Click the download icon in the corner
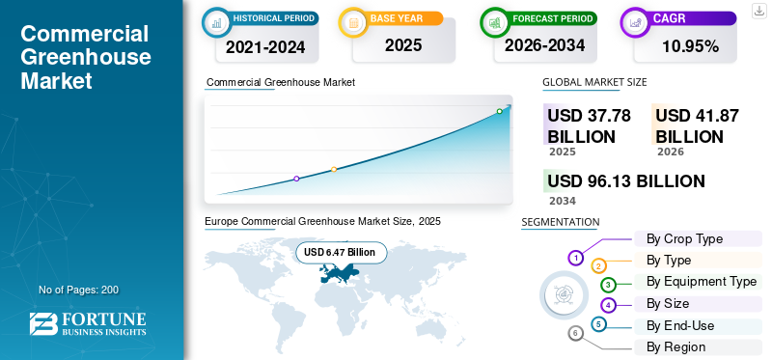coord(758,11)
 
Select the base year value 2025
coord(403,45)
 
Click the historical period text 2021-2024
coord(265,47)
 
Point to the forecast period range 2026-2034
coord(544,45)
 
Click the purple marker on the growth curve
coord(296,179)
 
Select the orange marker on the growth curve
coord(334,170)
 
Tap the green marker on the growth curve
coord(499,111)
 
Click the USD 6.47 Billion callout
coord(342,253)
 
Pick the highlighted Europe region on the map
coord(339,273)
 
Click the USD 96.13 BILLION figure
coord(626,181)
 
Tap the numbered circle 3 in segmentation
coord(609,284)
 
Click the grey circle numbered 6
coord(575,334)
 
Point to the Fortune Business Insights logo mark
coord(43,324)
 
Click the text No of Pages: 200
coord(79,290)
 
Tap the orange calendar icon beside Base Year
coord(353,22)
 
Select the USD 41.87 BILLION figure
coord(697,126)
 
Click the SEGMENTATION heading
coord(561,222)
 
